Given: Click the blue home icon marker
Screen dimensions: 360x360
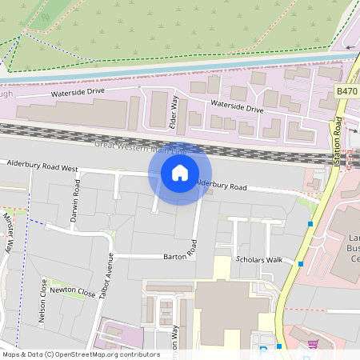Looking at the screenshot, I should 180,173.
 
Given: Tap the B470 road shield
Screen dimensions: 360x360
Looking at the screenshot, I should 346,92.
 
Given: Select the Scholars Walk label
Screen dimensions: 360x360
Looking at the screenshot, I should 259,260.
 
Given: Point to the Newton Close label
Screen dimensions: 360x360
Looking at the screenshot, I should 72,294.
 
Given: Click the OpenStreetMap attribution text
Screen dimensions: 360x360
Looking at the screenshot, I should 81,354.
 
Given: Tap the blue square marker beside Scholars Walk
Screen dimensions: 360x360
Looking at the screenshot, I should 301,264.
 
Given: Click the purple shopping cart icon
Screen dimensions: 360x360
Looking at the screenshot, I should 313,346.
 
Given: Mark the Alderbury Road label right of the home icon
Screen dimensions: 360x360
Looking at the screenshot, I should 222,186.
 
